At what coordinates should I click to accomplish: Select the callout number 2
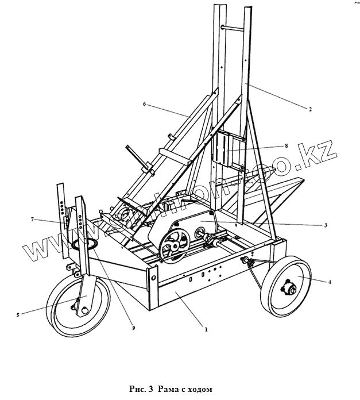coord(311,109)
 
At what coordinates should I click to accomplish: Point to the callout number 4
coord(329,282)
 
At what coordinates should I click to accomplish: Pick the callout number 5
coord(18,315)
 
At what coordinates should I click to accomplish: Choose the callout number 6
coord(145,104)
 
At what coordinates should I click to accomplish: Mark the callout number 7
coord(33,219)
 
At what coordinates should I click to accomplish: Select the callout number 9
coord(134,328)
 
